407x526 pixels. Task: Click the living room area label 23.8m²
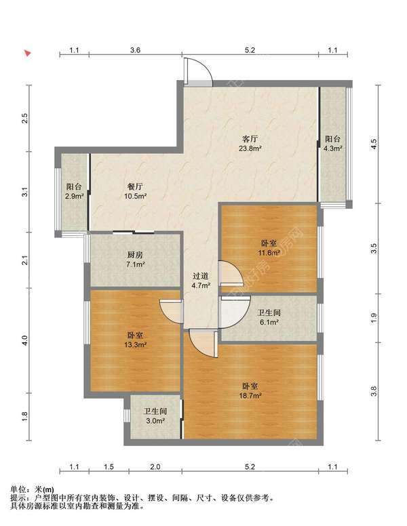(250, 148)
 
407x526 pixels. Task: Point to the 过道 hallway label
(201, 276)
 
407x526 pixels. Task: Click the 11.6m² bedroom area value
(269, 252)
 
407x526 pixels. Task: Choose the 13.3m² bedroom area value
(136, 344)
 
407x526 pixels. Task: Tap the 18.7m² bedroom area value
(250, 395)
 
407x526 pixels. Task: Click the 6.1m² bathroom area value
(269, 322)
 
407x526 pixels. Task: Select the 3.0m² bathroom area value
(155, 421)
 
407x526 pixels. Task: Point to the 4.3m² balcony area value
(333, 148)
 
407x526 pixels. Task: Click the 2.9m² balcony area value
(74, 197)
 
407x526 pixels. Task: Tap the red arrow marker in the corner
(28, 53)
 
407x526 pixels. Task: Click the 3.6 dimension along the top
(136, 50)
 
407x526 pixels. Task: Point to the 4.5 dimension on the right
(374, 144)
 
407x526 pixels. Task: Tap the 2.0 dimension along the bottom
(155, 466)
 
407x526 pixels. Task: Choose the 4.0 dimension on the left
(24, 340)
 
